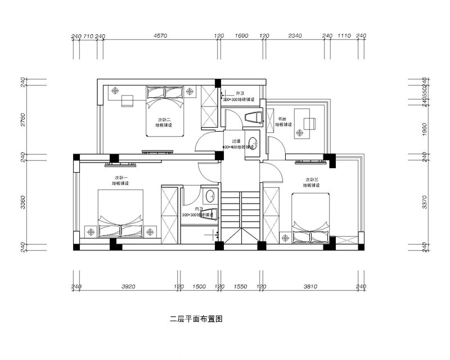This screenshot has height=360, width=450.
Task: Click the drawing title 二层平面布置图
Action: coord(197,319)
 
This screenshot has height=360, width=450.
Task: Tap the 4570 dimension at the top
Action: coord(161,36)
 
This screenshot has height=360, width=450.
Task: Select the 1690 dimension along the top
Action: coord(241,36)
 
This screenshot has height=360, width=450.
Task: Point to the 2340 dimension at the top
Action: coord(295,36)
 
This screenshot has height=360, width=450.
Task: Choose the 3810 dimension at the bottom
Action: coord(310,286)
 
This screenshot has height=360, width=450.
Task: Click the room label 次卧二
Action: coord(164,119)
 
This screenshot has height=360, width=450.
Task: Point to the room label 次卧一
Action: coord(120,177)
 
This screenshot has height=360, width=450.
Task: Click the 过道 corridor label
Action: coord(237,141)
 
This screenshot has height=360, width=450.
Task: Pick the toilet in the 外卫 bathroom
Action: coord(254,117)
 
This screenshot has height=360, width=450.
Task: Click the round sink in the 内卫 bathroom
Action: coord(210,196)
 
